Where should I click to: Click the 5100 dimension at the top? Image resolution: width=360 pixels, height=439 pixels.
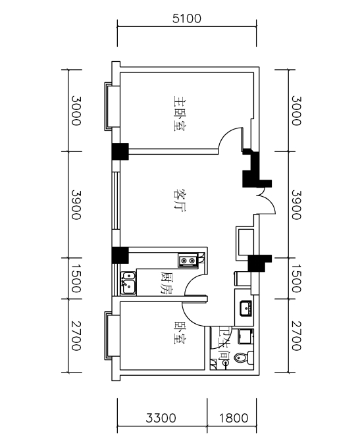coord(187,18)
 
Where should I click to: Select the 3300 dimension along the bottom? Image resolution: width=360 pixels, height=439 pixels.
coord(161,419)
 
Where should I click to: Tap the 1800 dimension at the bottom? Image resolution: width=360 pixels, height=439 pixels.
coord(234,419)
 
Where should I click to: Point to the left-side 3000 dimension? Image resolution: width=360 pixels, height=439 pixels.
coord(76,111)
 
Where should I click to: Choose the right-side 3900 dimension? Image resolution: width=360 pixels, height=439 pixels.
coord(296,205)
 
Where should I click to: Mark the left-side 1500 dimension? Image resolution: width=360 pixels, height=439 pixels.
coord(76,278)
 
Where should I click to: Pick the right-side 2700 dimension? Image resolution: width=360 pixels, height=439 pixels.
coord(296,336)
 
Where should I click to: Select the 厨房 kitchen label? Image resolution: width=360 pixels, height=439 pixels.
coord(167,282)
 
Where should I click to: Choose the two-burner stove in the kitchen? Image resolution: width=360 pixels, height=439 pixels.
coord(188,261)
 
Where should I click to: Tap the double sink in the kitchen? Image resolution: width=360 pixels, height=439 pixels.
coord(128,283)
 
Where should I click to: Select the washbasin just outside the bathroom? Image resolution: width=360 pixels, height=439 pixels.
coord(246,308)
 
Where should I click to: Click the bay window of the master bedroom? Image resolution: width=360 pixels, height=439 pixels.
coord(109,107)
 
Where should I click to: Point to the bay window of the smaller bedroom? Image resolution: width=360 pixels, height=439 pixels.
coord(109,336)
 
